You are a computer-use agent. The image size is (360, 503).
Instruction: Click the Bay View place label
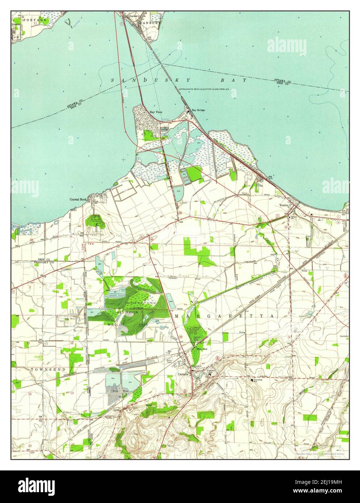156,112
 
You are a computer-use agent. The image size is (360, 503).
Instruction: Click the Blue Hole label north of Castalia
201,349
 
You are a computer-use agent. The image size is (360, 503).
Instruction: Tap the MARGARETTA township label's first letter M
177,316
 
